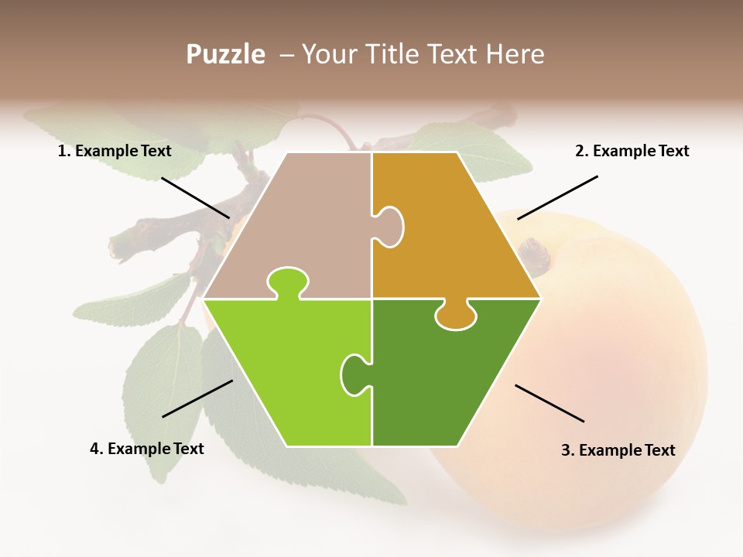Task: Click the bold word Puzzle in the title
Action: click(x=225, y=54)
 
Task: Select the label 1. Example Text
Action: click(x=115, y=152)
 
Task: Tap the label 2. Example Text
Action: click(x=632, y=152)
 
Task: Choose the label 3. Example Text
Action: click(x=618, y=450)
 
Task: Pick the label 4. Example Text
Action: click(x=147, y=449)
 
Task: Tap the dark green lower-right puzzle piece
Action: click(x=449, y=379)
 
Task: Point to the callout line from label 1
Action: click(x=195, y=197)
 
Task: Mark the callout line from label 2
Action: click(x=557, y=197)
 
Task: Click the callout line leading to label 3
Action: click(x=550, y=403)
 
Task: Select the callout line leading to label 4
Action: click(x=197, y=398)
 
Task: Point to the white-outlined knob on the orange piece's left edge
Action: click(x=390, y=227)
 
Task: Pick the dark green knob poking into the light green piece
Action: click(x=354, y=374)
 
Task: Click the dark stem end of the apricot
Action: click(x=534, y=253)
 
